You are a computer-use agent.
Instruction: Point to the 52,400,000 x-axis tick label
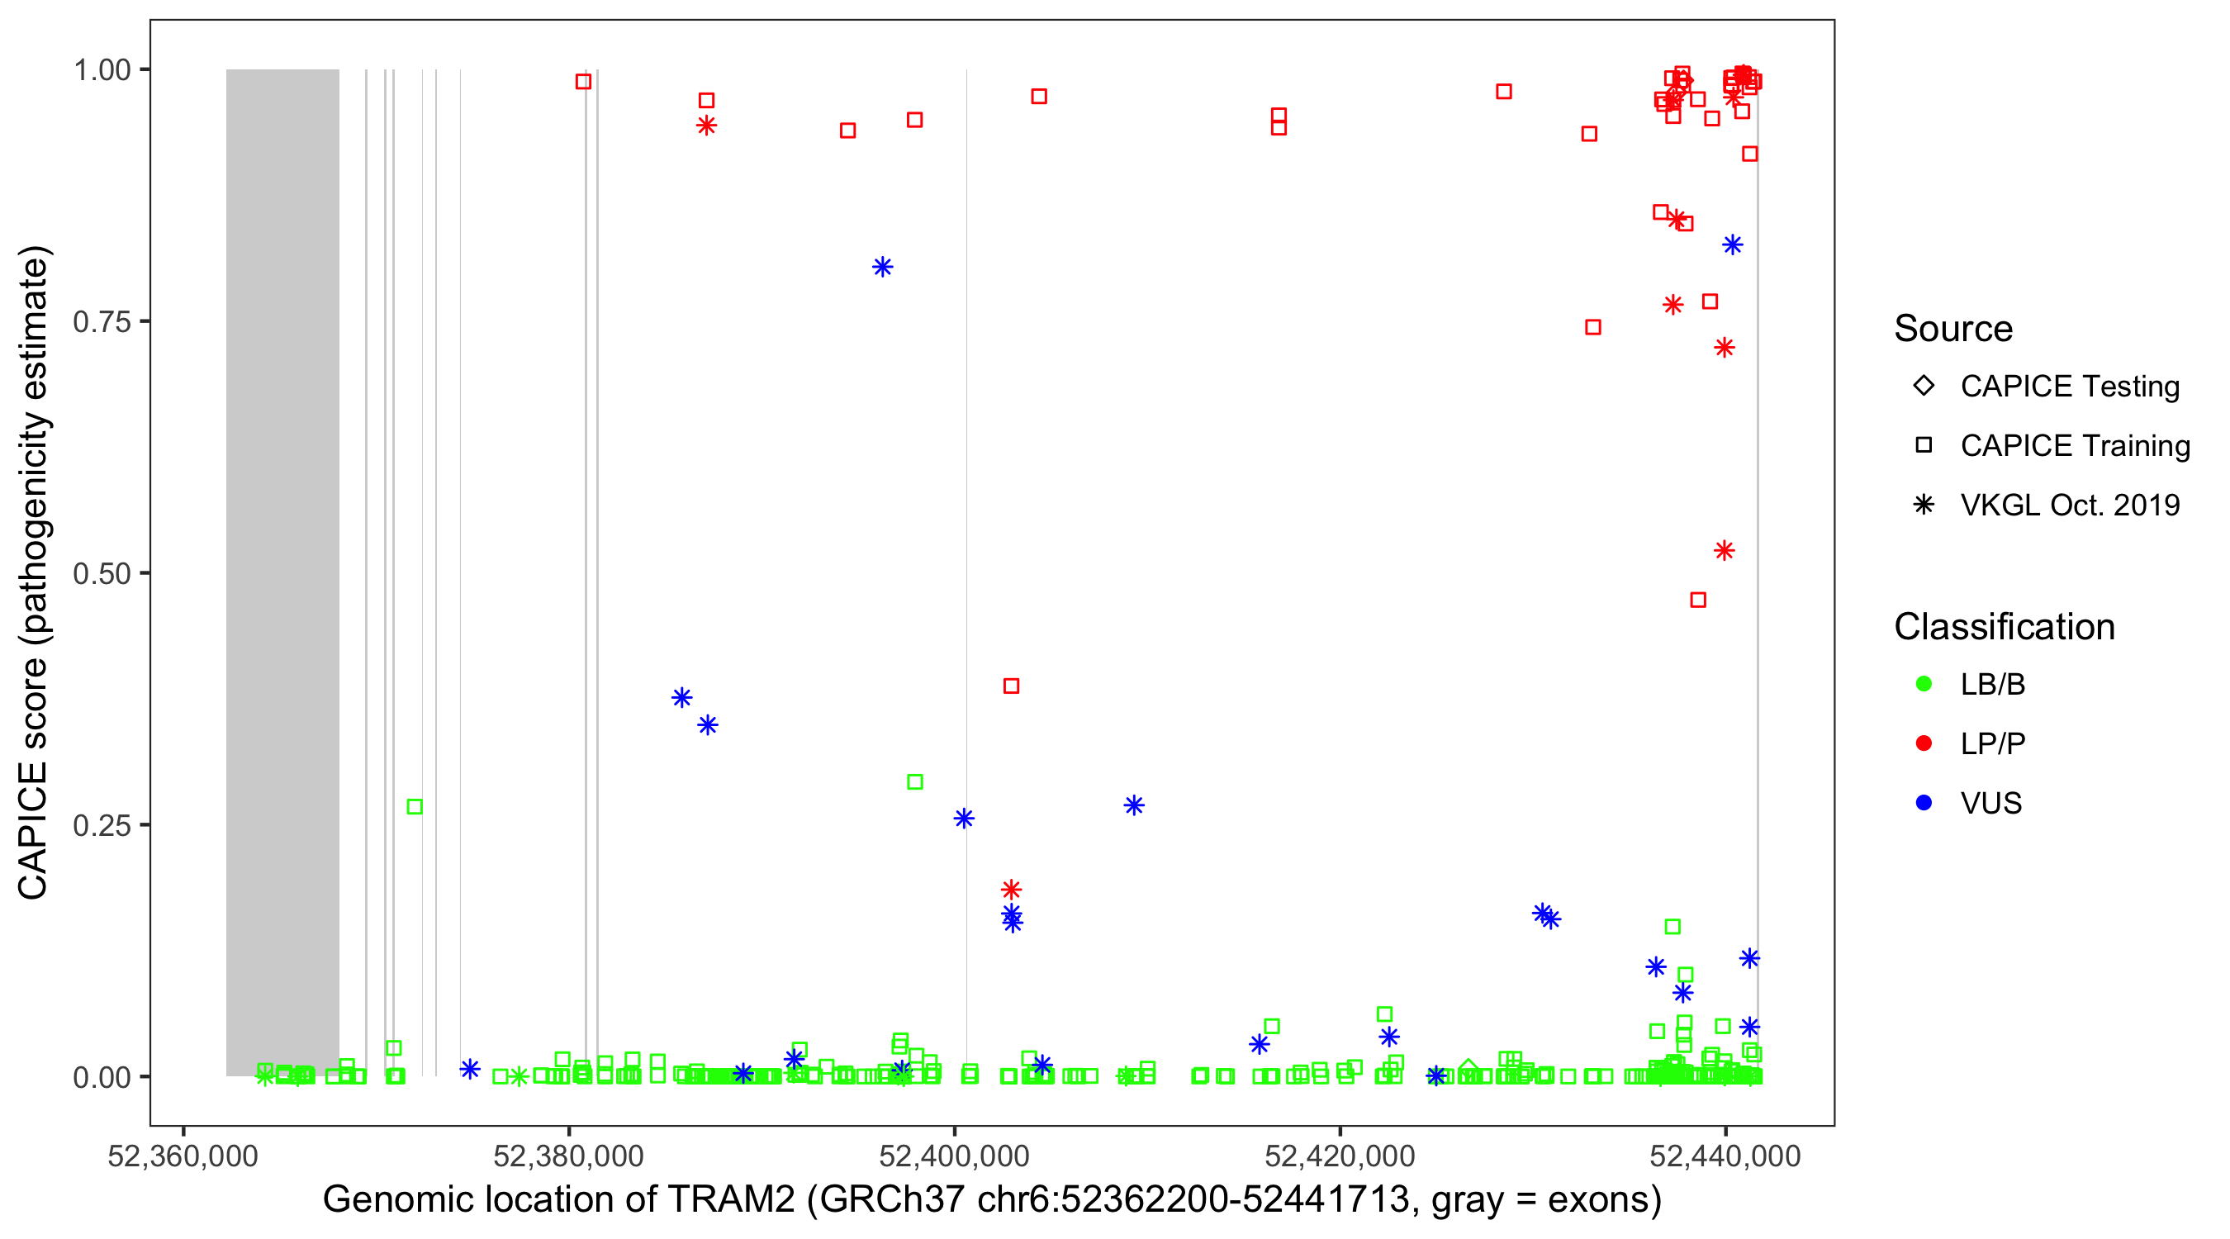(x=954, y=1156)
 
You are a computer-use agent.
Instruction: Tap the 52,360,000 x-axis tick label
(x=183, y=1156)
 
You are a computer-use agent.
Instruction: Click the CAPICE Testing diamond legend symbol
(x=1924, y=387)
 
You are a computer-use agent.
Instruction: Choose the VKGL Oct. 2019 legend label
(x=2070, y=506)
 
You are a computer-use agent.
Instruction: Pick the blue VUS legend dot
(x=1924, y=804)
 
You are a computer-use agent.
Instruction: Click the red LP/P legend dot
(x=1924, y=743)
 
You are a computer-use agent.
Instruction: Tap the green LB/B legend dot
(x=1924, y=684)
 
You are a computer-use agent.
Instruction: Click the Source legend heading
(x=1953, y=329)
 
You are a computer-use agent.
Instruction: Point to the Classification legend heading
(x=2004, y=627)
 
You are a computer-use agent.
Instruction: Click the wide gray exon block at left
(x=282, y=572)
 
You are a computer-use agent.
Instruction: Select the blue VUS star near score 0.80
(x=882, y=267)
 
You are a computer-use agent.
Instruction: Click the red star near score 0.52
(x=1724, y=551)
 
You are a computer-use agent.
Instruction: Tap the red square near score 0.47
(x=1697, y=600)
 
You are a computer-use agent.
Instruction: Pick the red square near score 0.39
(x=1010, y=686)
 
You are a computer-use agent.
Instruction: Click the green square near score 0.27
(x=415, y=807)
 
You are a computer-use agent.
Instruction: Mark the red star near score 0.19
(x=1010, y=890)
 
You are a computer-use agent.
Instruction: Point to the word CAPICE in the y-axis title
(x=33, y=830)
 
